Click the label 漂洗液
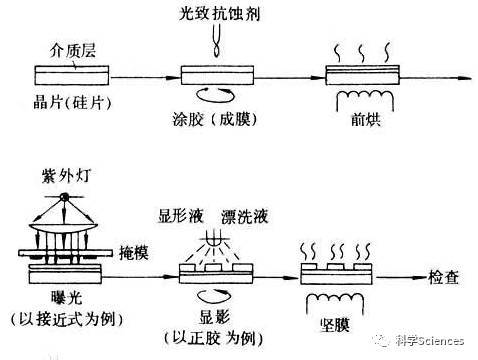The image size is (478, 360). (232, 214)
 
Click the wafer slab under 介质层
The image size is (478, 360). (72, 74)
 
